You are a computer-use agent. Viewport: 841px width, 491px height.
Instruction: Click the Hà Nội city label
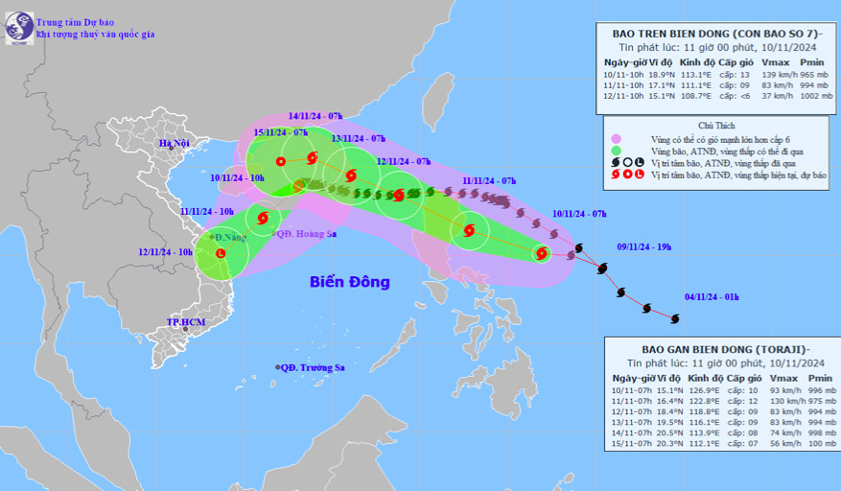(175, 145)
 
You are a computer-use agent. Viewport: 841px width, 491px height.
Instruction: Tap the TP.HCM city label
(187, 322)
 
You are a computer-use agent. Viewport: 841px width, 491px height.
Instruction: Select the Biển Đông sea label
(350, 282)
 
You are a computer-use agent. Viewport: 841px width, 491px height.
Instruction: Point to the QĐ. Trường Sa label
(314, 367)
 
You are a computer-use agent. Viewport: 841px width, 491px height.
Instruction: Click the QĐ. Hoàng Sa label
(307, 233)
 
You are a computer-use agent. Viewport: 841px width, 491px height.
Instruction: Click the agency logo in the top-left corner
(18, 27)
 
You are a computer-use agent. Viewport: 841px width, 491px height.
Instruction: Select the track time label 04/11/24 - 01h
(712, 297)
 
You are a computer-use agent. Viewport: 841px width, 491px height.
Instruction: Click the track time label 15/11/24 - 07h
(280, 131)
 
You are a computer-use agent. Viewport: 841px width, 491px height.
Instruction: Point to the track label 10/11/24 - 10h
(237, 177)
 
